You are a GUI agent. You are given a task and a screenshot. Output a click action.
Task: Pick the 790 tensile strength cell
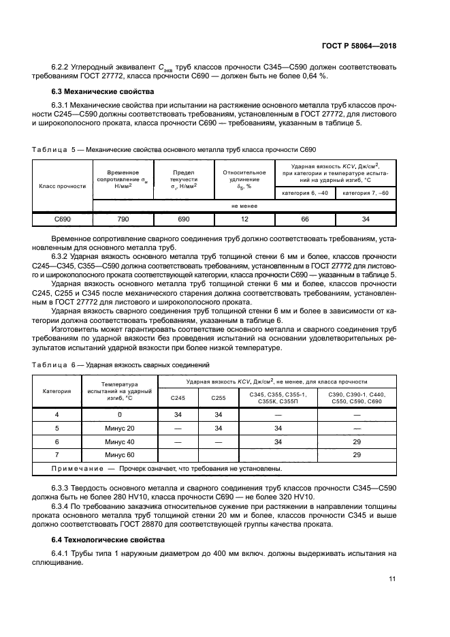[x=123, y=219]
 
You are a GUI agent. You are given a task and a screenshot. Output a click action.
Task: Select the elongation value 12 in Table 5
[x=244, y=219]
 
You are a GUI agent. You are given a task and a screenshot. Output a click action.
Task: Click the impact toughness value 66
[x=304, y=219]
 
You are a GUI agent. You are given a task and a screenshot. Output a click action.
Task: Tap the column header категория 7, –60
[x=366, y=193]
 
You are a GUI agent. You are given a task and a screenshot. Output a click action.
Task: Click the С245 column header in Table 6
[x=177, y=399]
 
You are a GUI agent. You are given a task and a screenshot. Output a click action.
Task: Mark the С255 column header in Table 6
[x=219, y=399]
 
